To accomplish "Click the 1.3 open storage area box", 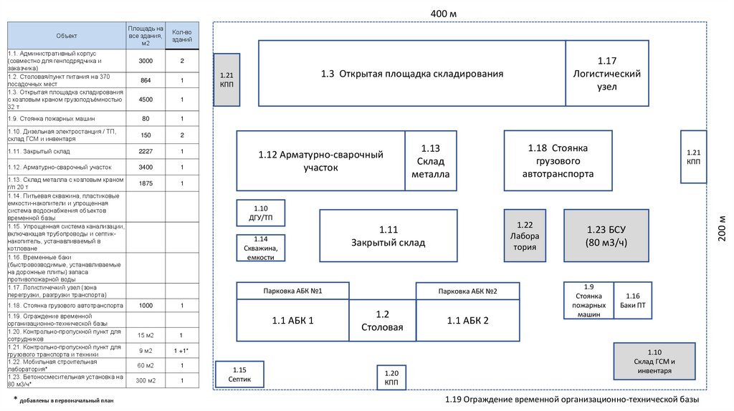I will click(411, 74).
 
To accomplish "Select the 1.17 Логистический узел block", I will click(606, 74).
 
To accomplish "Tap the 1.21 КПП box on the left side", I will click(227, 79).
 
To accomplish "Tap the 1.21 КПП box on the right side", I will click(693, 157).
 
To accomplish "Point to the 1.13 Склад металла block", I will click(430, 160).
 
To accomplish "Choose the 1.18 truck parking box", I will click(558, 160).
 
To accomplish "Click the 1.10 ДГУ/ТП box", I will click(261, 213).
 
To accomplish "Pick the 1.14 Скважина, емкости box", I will click(261, 248).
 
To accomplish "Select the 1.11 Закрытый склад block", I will click(388, 236).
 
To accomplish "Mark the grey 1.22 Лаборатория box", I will click(525, 236).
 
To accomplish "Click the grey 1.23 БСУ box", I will click(606, 236).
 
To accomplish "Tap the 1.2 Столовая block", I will click(382, 320).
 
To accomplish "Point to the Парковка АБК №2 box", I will click(467, 291).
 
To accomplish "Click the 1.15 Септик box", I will click(239, 374).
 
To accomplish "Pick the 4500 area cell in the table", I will click(146, 99).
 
